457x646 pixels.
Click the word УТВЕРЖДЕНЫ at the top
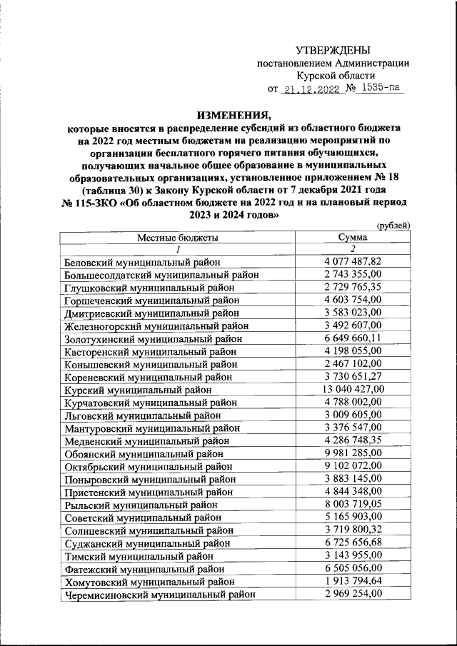click(333, 50)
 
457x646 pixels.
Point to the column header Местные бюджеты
click(178, 238)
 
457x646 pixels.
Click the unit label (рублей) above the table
click(393, 226)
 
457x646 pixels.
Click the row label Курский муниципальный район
click(137, 390)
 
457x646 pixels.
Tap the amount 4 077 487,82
click(352, 263)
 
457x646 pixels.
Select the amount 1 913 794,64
click(352, 582)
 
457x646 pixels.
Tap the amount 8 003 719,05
click(352, 505)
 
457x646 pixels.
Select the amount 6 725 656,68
click(352, 543)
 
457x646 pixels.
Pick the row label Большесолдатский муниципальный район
click(161, 276)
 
